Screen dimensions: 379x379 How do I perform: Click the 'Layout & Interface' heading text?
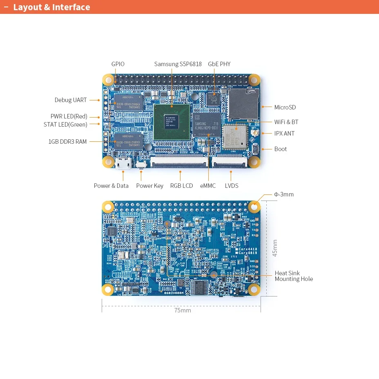pos(51,7)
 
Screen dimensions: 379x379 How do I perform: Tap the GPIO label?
pos(118,64)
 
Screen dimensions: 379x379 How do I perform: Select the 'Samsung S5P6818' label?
pos(178,64)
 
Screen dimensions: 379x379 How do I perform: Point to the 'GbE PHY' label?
pos(219,64)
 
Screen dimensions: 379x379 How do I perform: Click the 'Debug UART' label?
pos(71,100)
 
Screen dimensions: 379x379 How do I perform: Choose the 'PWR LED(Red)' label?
pos(69,116)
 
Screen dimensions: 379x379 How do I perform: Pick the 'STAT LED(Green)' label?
pos(65,125)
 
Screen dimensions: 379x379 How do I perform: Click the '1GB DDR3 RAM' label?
pos(67,142)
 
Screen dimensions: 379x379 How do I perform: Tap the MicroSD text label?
pos(285,107)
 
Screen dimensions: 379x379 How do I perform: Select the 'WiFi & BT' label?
pos(286,122)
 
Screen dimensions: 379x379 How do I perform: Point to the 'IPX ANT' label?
pos(284,134)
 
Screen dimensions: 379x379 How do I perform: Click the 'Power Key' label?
pos(149,186)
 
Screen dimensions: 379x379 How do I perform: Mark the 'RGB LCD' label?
pos(181,186)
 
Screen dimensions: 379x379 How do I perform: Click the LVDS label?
pos(232,186)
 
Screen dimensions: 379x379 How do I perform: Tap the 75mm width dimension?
pos(183,310)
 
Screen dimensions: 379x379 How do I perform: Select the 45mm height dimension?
pos(275,248)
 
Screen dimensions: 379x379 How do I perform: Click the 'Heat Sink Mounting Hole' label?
pos(294,276)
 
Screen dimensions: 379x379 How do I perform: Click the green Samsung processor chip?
pos(172,122)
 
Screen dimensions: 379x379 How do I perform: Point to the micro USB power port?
pos(123,163)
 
